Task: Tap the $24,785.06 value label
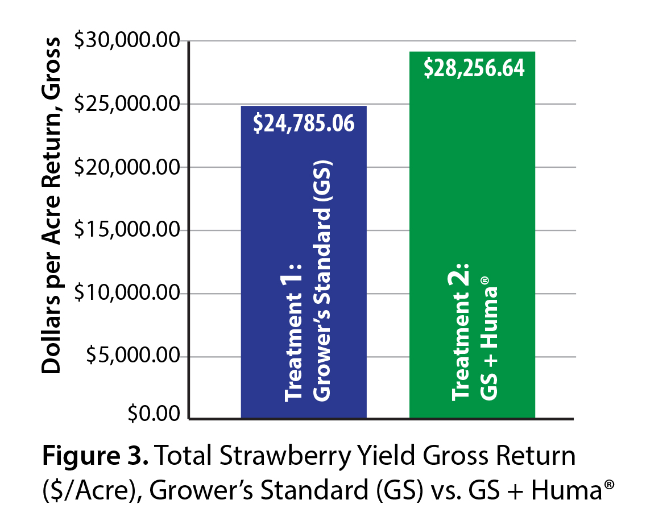304,123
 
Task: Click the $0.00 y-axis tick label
153,414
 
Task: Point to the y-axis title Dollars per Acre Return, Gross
52,205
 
